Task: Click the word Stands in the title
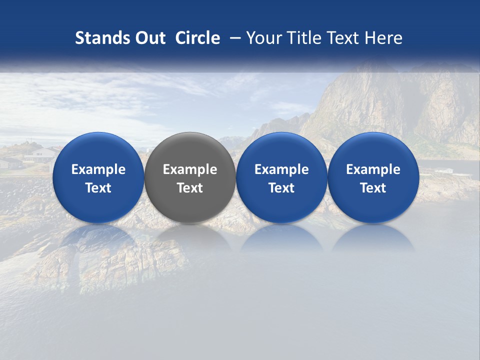click(98, 38)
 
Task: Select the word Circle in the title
click(197, 38)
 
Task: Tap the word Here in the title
click(384, 38)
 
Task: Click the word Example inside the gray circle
click(190, 169)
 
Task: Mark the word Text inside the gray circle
click(190, 188)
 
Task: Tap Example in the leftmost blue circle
click(98, 169)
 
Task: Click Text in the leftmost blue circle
click(98, 188)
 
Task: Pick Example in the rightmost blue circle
click(373, 169)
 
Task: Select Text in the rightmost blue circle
click(373, 188)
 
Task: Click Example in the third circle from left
click(281, 169)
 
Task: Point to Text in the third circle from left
click(281, 188)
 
